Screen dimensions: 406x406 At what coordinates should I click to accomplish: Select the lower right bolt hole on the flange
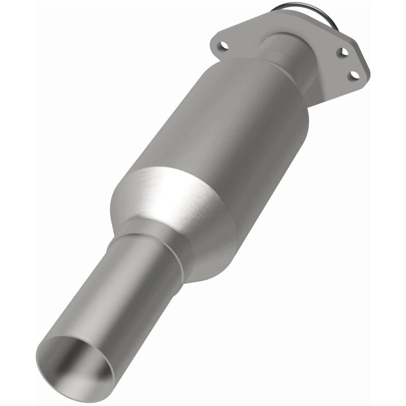pos(355,75)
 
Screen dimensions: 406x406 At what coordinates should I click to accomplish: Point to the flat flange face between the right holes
pos(350,63)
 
